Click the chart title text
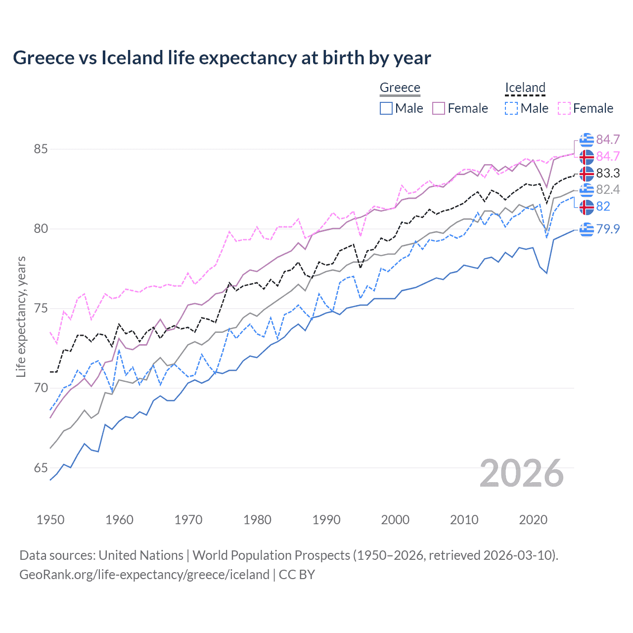click(x=222, y=58)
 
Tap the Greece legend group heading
click(x=400, y=88)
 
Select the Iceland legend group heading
click(x=525, y=88)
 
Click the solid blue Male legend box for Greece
click(x=386, y=108)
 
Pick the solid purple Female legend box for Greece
click(x=439, y=108)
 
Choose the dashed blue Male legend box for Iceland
click(x=511, y=108)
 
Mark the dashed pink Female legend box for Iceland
click(x=564, y=108)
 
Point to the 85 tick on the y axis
click(x=41, y=149)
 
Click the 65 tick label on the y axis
click(x=41, y=468)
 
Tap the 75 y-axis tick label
click(x=41, y=309)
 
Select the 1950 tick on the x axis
click(x=50, y=520)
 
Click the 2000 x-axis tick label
click(x=395, y=520)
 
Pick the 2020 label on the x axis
click(x=533, y=520)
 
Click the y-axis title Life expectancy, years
click(x=21, y=316)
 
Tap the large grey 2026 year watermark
click(x=522, y=473)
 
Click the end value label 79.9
click(x=608, y=229)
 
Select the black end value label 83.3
click(x=608, y=173)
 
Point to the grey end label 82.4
click(x=608, y=189)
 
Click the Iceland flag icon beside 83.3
click(x=587, y=174)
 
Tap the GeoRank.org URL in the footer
click(x=144, y=575)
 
